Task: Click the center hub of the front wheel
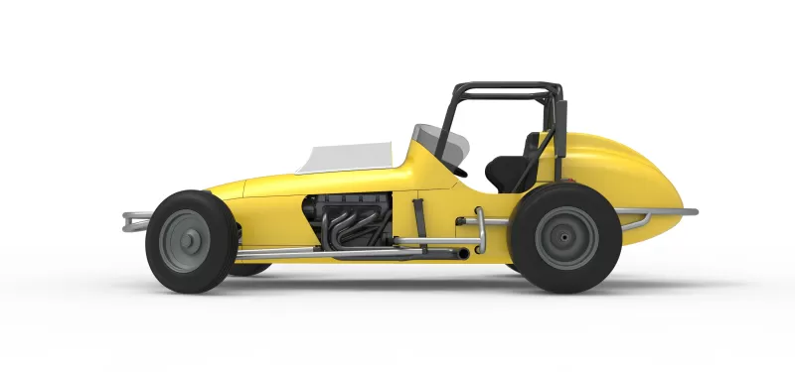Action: [186, 241]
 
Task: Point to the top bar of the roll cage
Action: [507, 86]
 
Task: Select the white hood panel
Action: [348, 155]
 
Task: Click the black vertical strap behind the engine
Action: [418, 223]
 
